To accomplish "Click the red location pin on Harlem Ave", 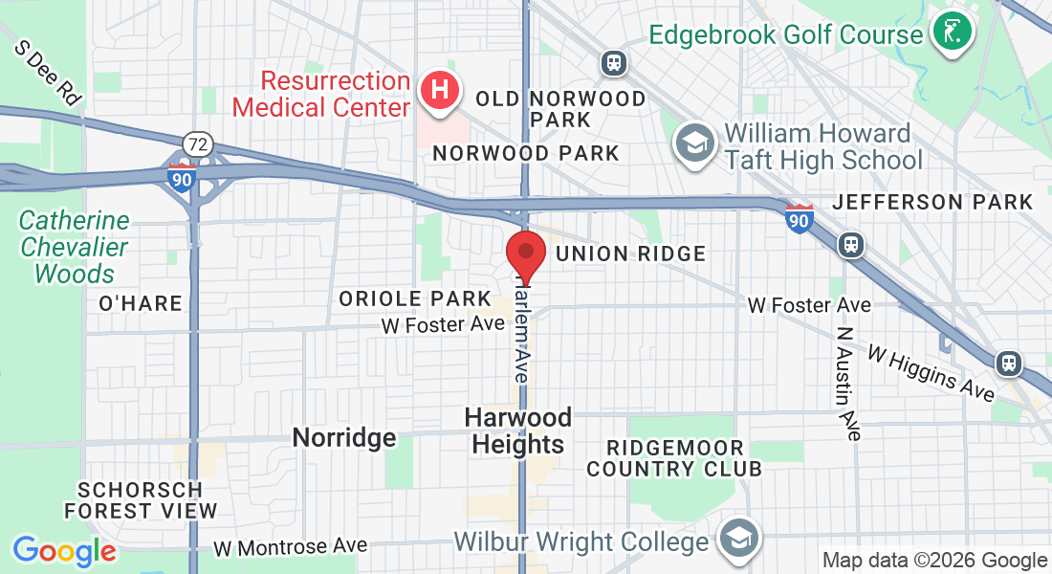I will (525, 253).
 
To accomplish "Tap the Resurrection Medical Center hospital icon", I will (440, 93).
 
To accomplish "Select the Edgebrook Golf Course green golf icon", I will (951, 33).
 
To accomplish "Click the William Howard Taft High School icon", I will (691, 144).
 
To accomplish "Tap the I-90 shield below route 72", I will (181, 178).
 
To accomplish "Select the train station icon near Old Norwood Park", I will (613, 64).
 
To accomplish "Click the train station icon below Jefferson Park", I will (850, 245).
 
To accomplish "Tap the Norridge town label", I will (343, 438).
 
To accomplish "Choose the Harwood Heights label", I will (518, 430).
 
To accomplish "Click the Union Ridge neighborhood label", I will (630, 254).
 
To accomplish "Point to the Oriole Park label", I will (415, 299).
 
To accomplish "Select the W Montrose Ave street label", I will (291, 547).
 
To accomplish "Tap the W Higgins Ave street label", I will (931, 373).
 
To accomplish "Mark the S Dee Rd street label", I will (48, 73).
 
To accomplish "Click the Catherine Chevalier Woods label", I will (74, 247).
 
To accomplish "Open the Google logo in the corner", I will (64, 551).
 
